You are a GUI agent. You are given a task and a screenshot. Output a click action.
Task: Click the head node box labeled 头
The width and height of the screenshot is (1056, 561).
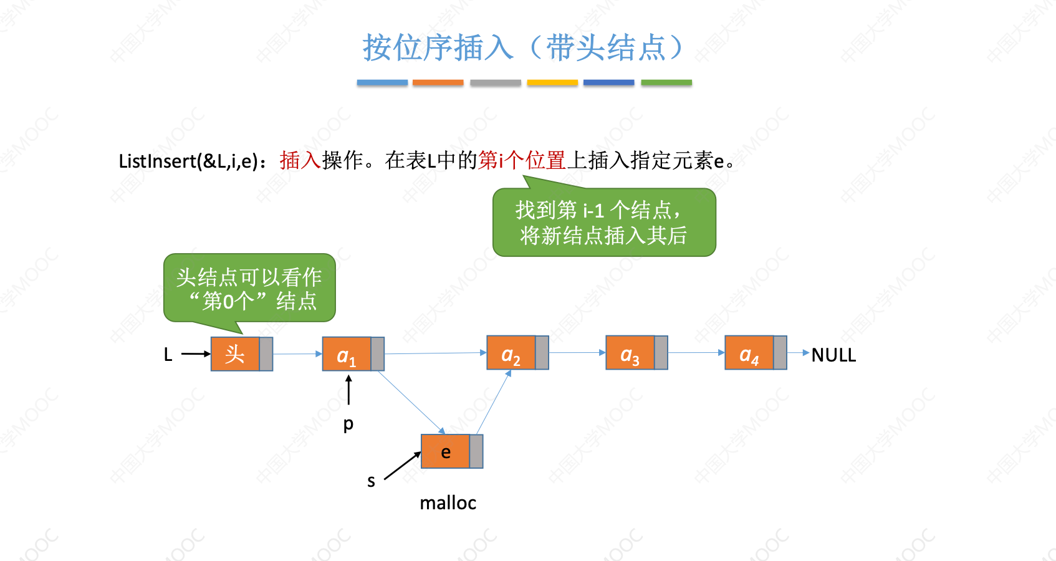pos(235,354)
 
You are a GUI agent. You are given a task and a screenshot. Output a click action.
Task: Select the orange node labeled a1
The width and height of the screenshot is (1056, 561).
pos(347,354)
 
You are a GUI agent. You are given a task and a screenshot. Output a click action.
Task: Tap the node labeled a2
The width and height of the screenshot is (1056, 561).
pos(511,353)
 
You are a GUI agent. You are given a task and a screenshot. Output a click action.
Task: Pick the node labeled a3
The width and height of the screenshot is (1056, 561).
pos(630,353)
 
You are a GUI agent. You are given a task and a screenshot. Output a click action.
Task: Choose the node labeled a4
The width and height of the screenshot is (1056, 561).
pos(749,353)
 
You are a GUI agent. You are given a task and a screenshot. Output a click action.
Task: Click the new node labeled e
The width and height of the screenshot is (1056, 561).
pos(446,452)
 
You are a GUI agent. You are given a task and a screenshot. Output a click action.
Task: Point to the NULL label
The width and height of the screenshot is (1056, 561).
pos(833,355)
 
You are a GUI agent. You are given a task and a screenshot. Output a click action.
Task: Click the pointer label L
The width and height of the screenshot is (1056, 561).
pos(168,355)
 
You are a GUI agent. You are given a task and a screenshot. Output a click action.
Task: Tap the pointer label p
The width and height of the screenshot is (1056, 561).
pos(348,424)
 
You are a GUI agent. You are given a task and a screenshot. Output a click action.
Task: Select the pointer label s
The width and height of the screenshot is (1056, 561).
pos(371,481)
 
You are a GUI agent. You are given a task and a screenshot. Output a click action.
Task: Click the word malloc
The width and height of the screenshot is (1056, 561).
pos(448,503)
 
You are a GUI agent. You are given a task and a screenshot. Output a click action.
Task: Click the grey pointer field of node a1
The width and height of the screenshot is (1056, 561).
pos(378,354)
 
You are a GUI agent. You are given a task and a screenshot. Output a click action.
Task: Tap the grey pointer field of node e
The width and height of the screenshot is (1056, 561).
pos(476,452)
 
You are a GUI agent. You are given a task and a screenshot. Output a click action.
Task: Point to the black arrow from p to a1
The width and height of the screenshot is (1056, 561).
pos(348,390)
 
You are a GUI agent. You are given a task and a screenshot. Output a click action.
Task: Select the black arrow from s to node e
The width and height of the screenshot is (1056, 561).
pos(402,466)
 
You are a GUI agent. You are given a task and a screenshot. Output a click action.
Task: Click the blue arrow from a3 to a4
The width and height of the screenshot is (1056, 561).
pos(696,353)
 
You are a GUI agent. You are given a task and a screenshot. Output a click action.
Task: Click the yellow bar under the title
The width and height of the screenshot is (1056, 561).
pos(552,82)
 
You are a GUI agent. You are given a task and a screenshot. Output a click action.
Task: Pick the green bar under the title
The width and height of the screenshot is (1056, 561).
pos(666,82)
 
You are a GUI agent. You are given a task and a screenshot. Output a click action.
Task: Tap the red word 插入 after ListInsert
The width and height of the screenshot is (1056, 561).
pos(300,161)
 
